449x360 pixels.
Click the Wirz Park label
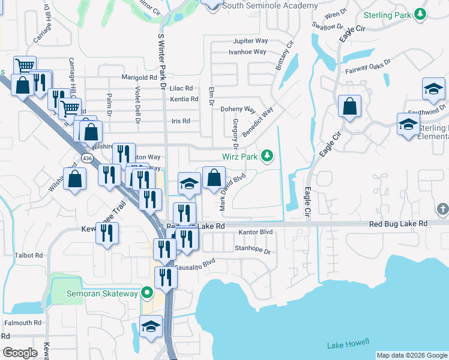click(240, 157)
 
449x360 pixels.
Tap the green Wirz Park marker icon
click(267, 157)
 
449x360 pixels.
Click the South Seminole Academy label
click(270, 5)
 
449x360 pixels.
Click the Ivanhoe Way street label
click(247, 52)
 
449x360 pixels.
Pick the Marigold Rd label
click(139, 77)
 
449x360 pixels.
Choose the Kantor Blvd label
click(256, 232)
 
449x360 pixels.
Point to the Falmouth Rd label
click(23, 322)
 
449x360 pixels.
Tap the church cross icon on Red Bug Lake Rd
click(442, 209)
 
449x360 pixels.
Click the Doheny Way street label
click(238, 110)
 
